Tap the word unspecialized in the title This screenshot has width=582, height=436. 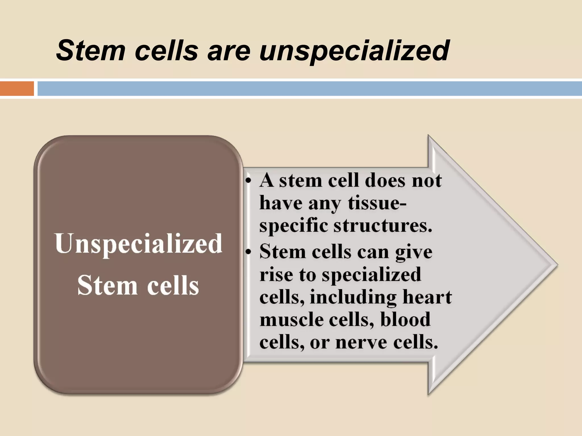coord(354,51)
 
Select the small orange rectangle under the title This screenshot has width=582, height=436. coord(17,89)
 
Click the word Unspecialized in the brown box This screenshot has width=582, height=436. coord(138,244)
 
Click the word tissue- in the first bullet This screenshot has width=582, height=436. coord(377,203)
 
